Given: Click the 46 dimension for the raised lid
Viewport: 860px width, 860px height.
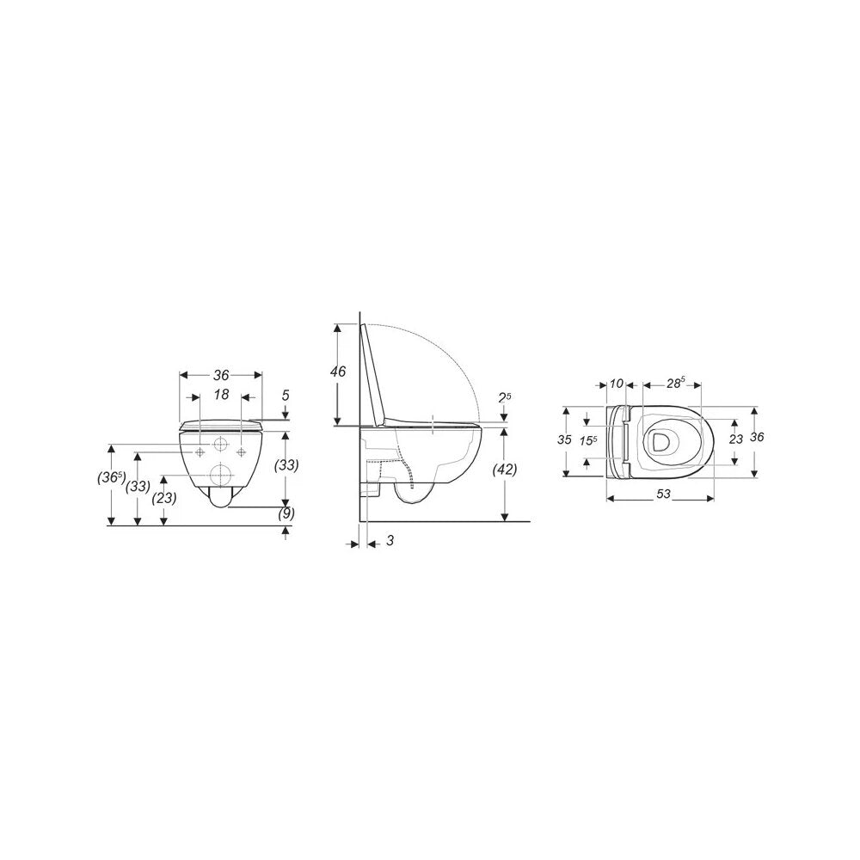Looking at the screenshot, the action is pyautogui.click(x=338, y=372).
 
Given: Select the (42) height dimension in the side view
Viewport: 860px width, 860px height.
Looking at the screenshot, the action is pyautogui.click(x=505, y=470).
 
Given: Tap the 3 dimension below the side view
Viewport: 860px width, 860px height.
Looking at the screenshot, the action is pyautogui.click(x=390, y=540).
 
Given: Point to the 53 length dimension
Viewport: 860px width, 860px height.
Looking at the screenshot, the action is pyautogui.click(x=663, y=494).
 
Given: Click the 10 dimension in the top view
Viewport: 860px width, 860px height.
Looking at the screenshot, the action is pyautogui.click(x=617, y=384).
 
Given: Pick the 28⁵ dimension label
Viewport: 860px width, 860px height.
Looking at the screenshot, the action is pyautogui.click(x=675, y=383).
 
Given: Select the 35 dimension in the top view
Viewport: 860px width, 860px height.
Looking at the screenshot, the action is pyautogui.click(x=564, y=439).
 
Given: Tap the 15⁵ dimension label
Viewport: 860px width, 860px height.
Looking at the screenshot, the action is pyautogui.click(x=589, y=440).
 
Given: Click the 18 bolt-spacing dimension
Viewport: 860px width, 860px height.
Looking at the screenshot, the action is pyautogui.click(x=221, y=395).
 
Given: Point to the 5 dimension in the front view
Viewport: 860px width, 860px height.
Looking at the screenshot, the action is pyautogui.click(x=286, y=395).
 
